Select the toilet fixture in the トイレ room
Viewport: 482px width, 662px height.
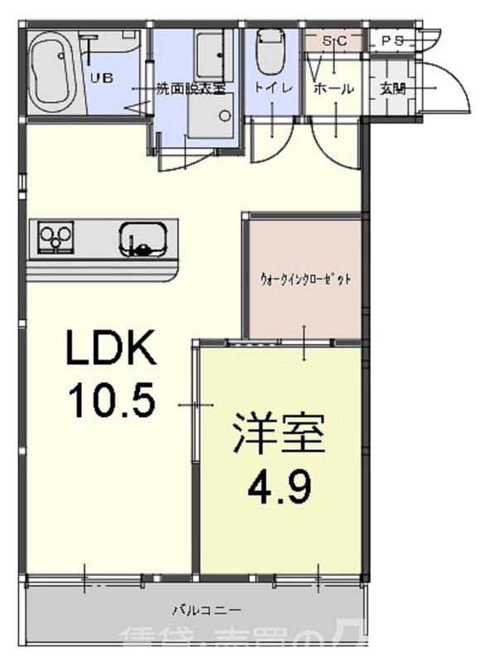pyautogui.click(x=268, y=51)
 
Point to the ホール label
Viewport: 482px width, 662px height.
pyautogui.click(x=334, y=89)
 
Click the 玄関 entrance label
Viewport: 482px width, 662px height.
pyautogui.click(x=392, y=89)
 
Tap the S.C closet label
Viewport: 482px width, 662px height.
pyautogui.click(x=334, y=40)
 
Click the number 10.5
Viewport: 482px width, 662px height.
pyautogui.click(x=111, y=402)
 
